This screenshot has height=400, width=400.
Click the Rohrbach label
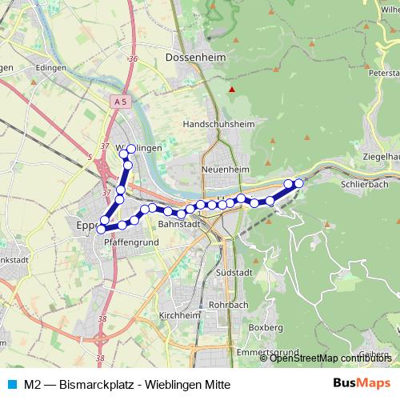[227, 305]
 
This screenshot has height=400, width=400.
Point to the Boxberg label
[266, 328]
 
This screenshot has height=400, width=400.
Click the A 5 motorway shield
[120, 101]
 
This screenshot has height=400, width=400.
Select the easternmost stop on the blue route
[299, 183]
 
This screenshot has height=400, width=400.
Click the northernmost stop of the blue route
[131, 150]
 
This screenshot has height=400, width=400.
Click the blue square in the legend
[11, 382]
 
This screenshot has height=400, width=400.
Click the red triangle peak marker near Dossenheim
[232, 89]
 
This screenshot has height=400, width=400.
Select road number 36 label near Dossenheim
[132, 59]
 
